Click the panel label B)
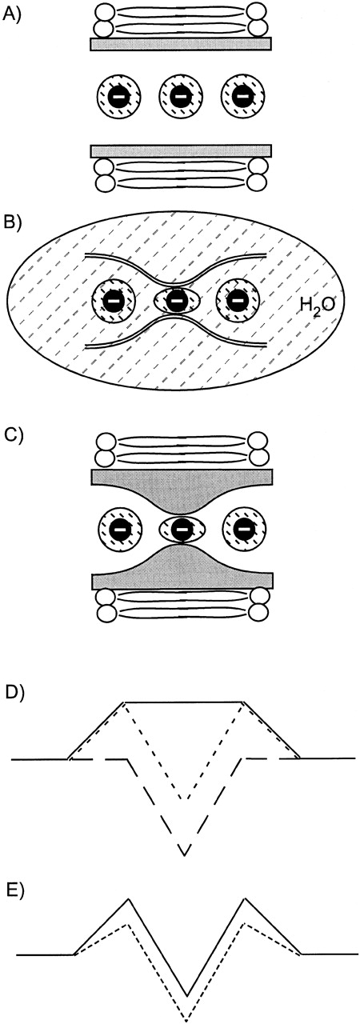[13, 222]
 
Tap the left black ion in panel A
[118, 98]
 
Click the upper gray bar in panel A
[182, 43]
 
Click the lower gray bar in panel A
[182, 151]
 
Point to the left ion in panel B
[114, 301]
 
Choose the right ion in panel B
[238, 301]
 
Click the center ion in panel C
[182, 529]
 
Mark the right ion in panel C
[243, 529]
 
